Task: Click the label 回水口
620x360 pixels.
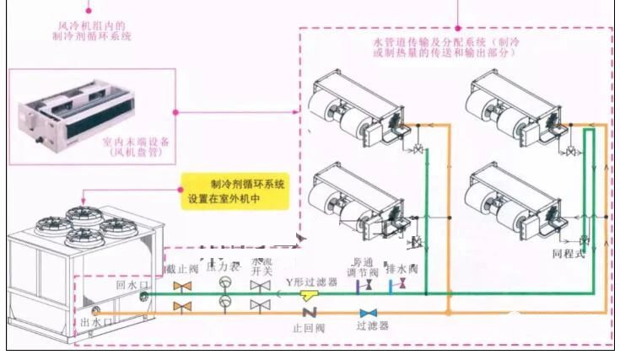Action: [x=132, y=287]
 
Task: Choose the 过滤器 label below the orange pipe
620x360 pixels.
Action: [x=372, y=325]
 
